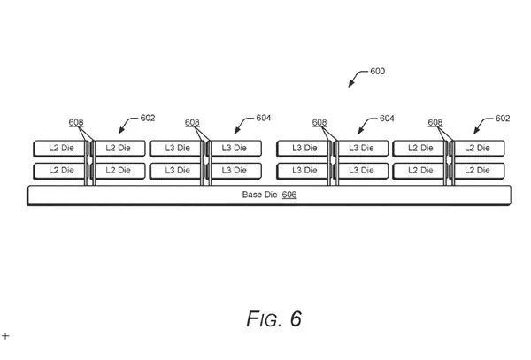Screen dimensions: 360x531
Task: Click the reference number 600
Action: (376, 72)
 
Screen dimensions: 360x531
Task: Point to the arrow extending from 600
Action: (357, 80)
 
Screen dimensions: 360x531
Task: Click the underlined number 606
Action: (289, 194)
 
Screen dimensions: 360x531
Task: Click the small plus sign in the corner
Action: (5, 336)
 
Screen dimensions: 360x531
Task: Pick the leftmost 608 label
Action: (77, 123)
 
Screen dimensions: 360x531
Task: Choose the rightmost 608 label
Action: (436, 123)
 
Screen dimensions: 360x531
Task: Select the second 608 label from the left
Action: (193, 123)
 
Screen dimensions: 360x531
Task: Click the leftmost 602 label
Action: (147, 118)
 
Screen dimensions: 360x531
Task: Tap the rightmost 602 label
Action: (502, 118)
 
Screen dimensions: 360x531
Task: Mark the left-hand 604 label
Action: (263, 118)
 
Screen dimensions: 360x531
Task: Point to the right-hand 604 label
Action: (386, 118)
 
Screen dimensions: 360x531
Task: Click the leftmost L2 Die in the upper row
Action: (60, 147)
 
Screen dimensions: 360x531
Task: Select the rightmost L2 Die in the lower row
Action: (479, 170)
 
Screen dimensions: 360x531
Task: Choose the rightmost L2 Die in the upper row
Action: (479, 147)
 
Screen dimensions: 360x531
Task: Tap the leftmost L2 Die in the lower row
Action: (60, 170)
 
